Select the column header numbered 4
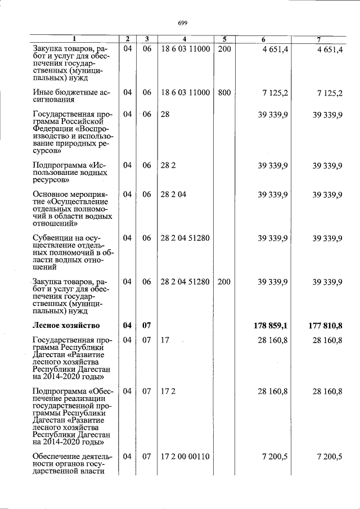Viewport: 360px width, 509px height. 184,39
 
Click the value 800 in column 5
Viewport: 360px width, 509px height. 224,92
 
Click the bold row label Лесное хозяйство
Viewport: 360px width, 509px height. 66,325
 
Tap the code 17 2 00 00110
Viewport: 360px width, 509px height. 185,456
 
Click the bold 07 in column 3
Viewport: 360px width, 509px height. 146,325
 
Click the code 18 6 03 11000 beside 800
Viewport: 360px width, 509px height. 185,92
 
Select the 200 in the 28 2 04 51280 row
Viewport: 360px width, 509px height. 224,282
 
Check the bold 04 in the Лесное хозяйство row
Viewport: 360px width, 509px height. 128,325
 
